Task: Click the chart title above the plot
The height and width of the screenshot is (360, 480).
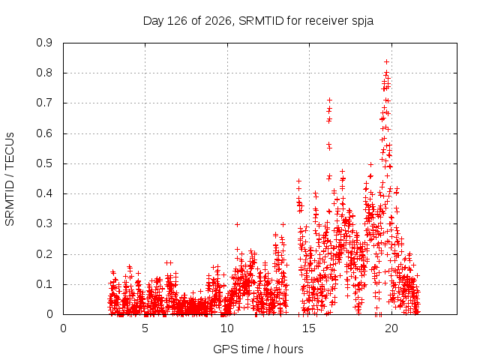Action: (x=258, y=21)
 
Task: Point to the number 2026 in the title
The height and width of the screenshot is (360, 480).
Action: (x=217, y=21)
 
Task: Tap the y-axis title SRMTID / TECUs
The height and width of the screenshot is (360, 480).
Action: (x=10, y=179)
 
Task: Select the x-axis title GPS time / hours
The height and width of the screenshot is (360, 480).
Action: (x=258, y=349)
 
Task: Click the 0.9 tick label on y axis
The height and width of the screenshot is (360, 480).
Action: (x=44, y=43)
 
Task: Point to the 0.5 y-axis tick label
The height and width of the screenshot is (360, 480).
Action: (x=44, y=163)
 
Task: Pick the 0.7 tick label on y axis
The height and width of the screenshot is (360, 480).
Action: (x=44, y=103)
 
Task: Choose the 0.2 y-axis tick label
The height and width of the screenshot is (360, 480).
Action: (x=44, y=254)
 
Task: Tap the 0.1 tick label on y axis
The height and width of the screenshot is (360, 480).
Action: (x=44, y=284)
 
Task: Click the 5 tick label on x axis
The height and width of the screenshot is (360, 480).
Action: (x=145, y=328)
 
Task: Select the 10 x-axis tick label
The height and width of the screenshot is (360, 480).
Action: (x=226, y=328)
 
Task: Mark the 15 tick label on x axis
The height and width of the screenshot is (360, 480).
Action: (x=309, y=328)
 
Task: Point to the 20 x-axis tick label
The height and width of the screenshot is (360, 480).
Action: (x=391, y=328)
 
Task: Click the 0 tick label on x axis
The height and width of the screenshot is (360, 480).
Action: (x=63, y=328)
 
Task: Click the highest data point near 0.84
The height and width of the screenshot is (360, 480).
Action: (x=387, y=61)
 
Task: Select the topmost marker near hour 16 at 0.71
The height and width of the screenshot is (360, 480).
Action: (x=330, y=100)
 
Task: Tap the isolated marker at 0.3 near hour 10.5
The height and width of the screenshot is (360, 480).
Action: (x=237, y=224)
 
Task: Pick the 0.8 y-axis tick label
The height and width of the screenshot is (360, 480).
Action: (x=44, y=73)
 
